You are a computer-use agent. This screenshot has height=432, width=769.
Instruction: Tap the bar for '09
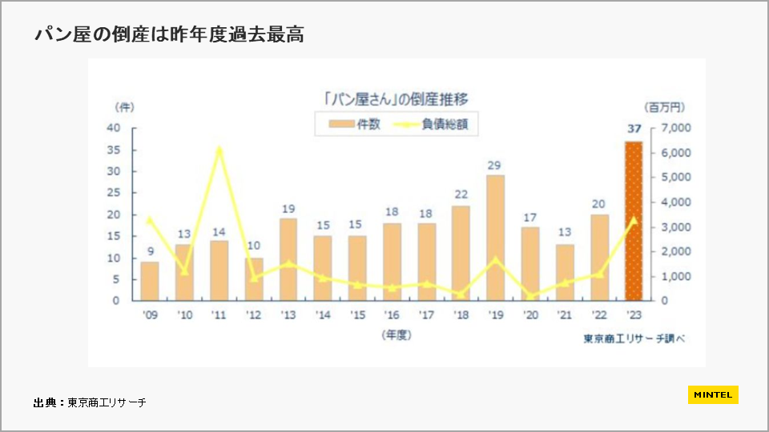click(x=150, y=281)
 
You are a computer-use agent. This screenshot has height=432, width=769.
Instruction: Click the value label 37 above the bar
click(x=633, y=130)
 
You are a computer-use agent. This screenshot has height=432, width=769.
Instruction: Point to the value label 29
click(x=495, y=165)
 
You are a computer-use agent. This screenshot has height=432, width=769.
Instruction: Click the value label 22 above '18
click(x=461, y=195)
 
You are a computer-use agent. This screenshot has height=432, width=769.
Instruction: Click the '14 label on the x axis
click(x=323, y=315)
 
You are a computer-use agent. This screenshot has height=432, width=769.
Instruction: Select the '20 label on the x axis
click(x=529, y=315)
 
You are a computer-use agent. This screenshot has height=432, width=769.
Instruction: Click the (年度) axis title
click(x=396, y=336)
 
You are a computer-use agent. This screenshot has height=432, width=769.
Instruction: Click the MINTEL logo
click(x=713, y=394)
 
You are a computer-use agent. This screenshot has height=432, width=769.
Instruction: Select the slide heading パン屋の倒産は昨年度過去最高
click(x=169, y=34)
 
